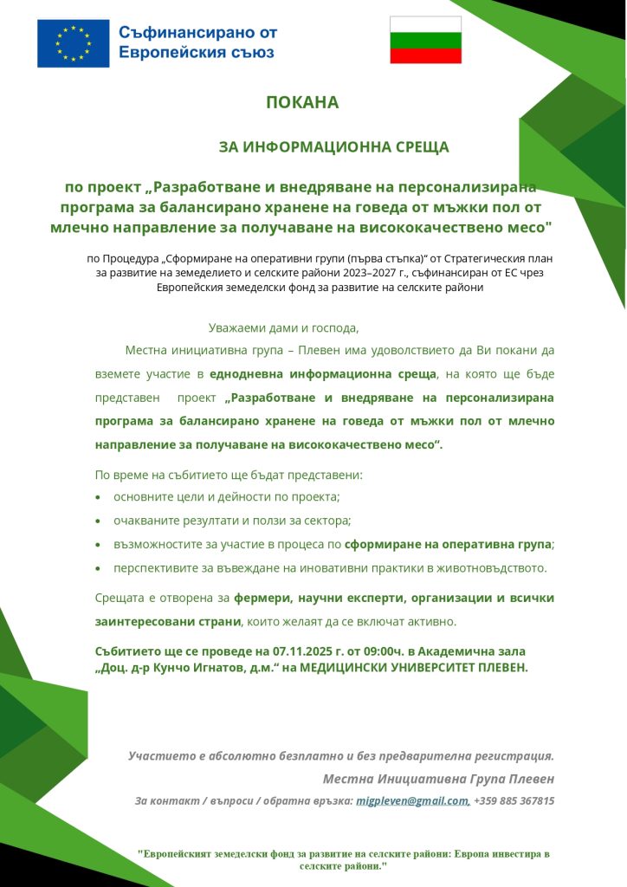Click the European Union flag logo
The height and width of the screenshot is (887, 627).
73,43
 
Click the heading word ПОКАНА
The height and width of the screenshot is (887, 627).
302,102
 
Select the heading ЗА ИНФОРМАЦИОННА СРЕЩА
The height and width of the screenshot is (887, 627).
333,147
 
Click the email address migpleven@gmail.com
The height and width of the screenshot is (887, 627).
412,801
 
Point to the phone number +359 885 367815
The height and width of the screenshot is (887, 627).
514,801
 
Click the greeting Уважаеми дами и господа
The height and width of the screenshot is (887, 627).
283,328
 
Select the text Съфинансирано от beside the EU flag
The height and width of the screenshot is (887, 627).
197,33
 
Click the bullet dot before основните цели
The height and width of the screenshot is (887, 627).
99,497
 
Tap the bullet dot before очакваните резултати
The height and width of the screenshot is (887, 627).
99,521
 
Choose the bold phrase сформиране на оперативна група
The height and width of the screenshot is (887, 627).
448,545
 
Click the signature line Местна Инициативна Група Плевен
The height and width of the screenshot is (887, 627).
437,778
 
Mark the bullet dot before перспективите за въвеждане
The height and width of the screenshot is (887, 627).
99,569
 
